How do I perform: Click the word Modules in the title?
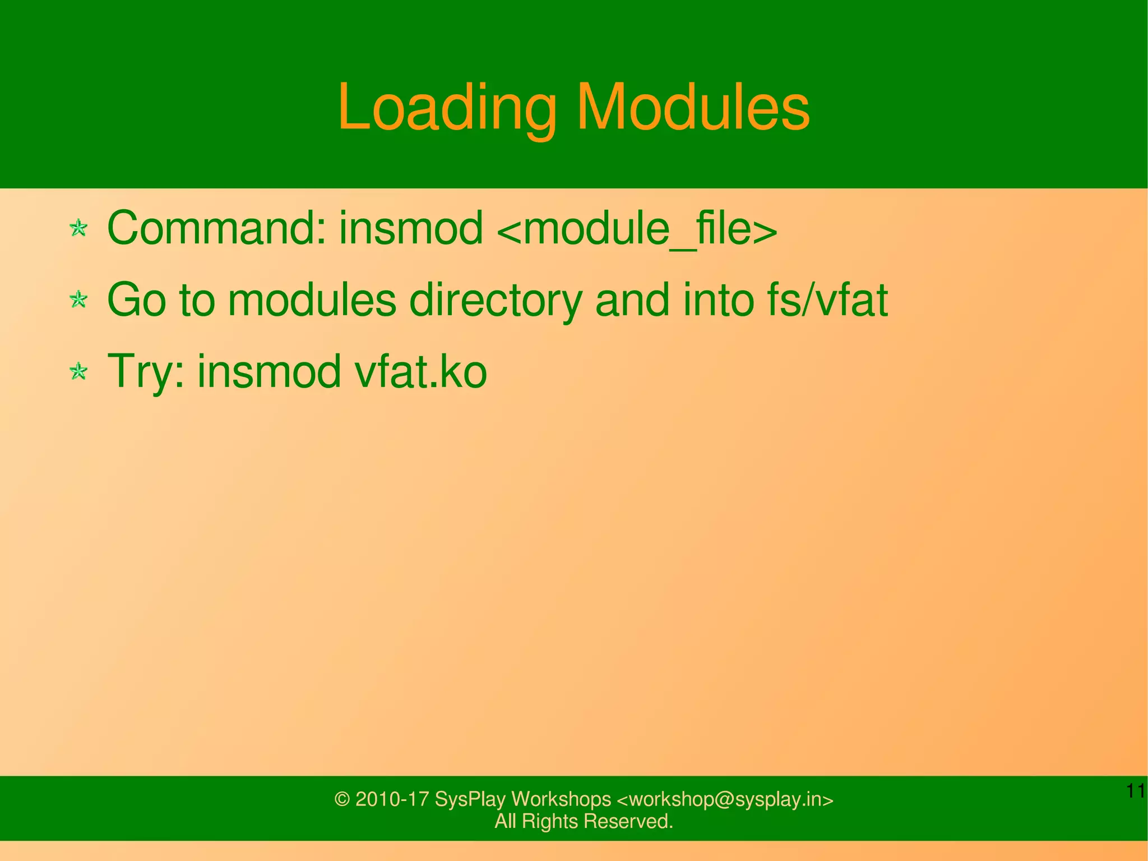pos(693,107)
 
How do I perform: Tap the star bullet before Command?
pos(78,228)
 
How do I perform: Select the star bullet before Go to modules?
pos(78,300)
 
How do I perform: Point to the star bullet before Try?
pos(78,371)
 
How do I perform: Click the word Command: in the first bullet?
pos(216,228)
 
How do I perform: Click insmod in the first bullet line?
pos(410,228)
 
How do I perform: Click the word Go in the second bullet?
pos(136,300)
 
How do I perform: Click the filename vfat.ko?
pos(420,371)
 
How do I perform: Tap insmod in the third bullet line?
pos(269,371)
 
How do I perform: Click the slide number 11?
pos(1136,791)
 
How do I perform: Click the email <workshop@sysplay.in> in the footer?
pos(724,799)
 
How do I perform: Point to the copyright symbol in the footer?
pos(341,799)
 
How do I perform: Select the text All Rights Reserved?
pos(584,821)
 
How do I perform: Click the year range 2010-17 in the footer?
pos(392,799)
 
